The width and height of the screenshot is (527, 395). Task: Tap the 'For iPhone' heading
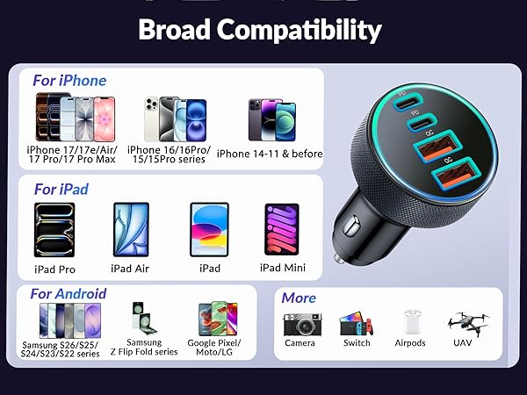click(x=69, y=80)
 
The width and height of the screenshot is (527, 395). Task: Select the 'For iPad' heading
click(x=61, y=189)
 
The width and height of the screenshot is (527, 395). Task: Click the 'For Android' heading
click(x=69, y=294)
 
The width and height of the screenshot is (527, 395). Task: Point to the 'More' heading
click(x=299, y=298)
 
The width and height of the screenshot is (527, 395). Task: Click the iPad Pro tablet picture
click(x=54, y=230)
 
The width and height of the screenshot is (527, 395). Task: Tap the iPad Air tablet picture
click(x=128, y=230)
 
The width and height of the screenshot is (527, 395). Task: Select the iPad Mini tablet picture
click(x=282, y=230)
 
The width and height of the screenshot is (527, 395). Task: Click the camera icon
click(x=300, y=324)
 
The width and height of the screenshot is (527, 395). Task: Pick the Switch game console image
click(x=356, y=324)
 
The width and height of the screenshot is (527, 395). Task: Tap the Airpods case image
click(x=410, y=323)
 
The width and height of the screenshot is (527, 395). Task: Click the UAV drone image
click(x=467, y=322)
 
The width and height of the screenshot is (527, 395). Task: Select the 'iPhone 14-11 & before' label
click(x=270, y=154)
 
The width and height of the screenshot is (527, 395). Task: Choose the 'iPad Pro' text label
click(x=54, y=269)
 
